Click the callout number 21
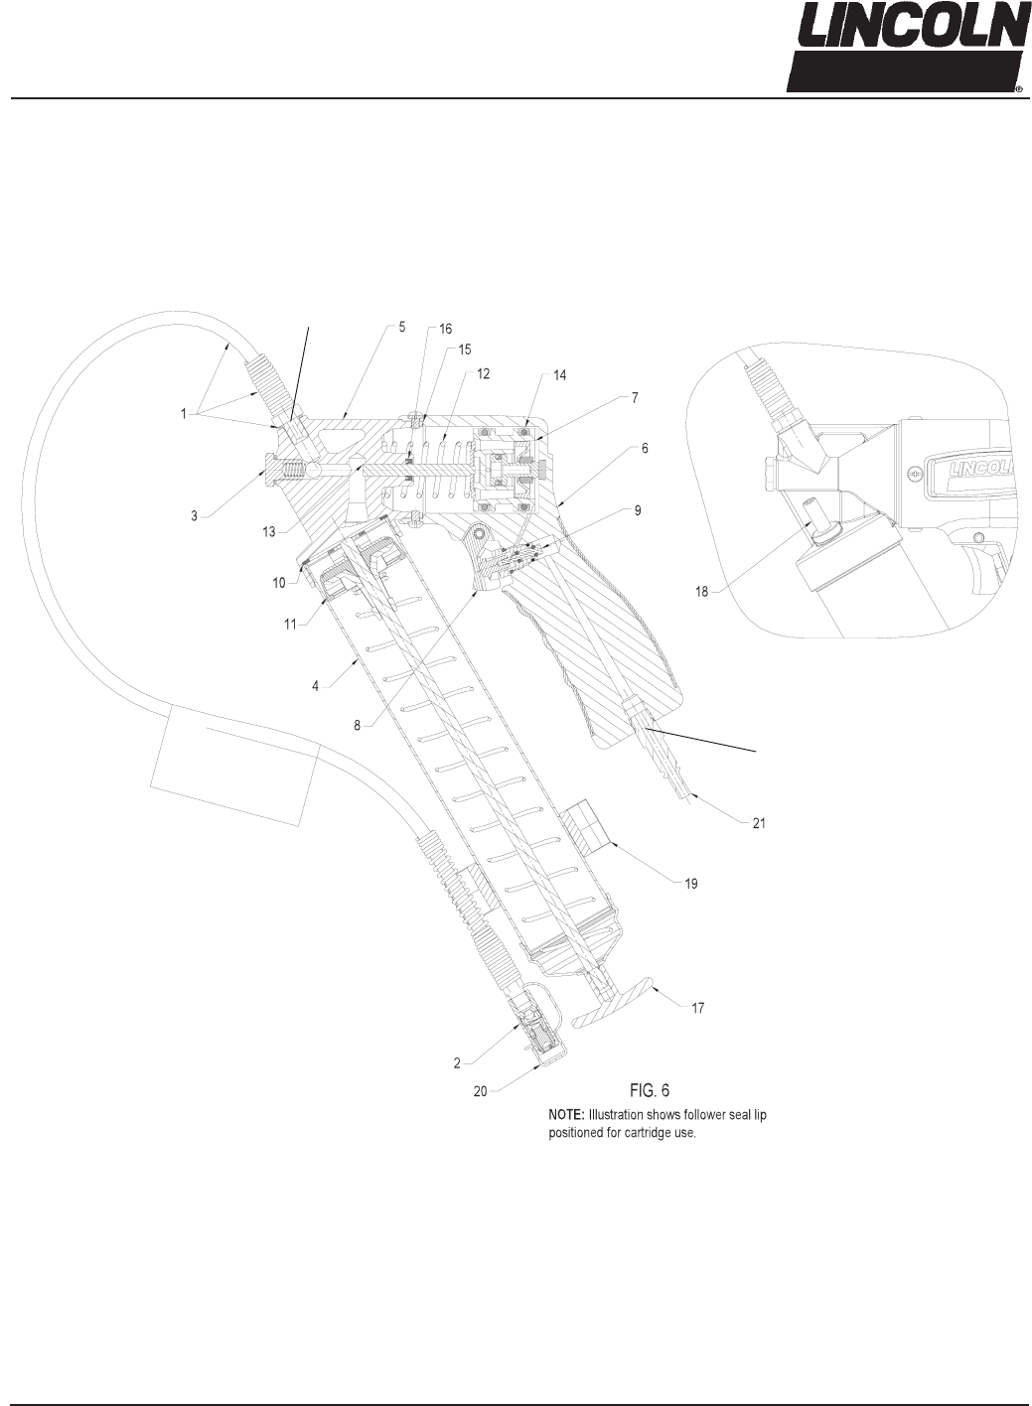point(759,823)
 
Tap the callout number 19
point(690,884)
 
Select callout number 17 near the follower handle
point(697,1008)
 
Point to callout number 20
point(480,1090)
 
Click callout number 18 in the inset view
point(702,592)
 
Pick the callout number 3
point(195,515)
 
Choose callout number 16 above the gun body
point(446,329)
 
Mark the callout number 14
point(559,375)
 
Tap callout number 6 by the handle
point(645,449)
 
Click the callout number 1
point(184,414)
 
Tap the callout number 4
point(315,686)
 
